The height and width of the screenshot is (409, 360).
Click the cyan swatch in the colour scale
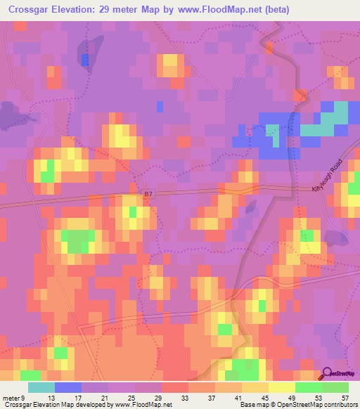41,388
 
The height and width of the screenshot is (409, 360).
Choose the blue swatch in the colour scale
68,388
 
